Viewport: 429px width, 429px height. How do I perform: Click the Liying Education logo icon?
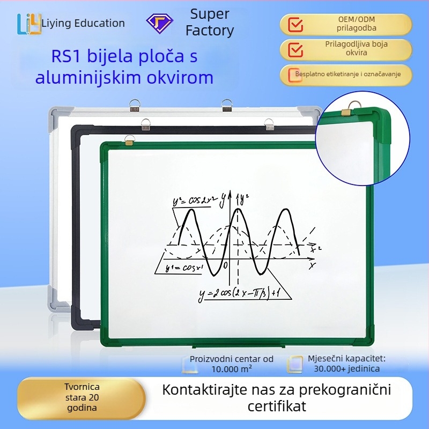pos(29,24)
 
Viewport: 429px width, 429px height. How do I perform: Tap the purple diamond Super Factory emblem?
pos(159,24)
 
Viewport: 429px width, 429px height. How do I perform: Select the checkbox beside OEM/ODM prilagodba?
pos(295,25)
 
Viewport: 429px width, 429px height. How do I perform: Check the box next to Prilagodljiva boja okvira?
pos(295,49)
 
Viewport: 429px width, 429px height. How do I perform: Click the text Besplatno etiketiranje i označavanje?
pos(348,74)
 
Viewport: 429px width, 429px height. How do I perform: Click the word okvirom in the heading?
pos(180,77)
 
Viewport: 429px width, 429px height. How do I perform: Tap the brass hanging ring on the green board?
pos(129,140)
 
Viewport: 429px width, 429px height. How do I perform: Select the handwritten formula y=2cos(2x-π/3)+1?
pos(239,293)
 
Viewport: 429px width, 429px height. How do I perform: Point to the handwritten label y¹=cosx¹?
pos(184,268)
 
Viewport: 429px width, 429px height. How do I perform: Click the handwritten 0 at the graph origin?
pos(225,265)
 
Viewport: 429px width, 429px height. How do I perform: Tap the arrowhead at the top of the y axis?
pos(230,194)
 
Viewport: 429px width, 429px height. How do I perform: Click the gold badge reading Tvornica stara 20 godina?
pos(82,397)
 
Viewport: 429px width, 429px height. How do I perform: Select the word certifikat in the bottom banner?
pos(277,406)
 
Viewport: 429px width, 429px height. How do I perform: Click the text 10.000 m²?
pos(232,369)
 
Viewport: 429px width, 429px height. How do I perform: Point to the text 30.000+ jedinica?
pos(346,369)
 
